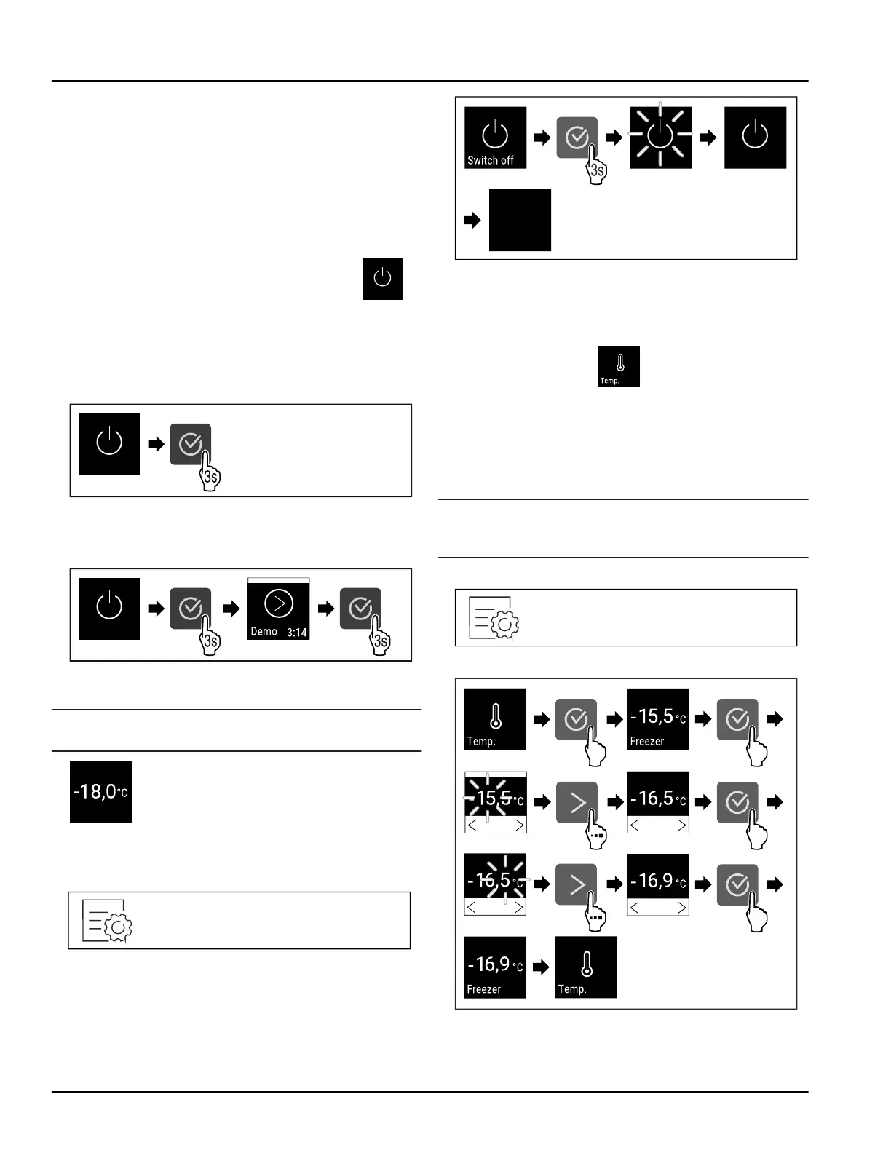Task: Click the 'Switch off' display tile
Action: pos(495,138)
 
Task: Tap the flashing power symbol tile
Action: pos(660,138)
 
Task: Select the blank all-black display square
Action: pos(520,220)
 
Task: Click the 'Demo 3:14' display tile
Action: pos(279,609)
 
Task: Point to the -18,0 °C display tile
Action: pos(100,792)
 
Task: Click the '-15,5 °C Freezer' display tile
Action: pos(658,719)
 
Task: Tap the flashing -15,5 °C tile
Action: pos(495,802)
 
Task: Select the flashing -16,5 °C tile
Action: pos(495,884)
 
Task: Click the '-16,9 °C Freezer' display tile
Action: pos(495,967)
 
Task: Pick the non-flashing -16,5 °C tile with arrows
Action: pos(658,802)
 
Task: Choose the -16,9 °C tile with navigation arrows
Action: pos(658,884)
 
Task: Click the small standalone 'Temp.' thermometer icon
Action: pos(619,366)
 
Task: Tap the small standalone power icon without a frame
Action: pos(383,279)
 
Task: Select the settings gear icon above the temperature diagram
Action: pos(494,618)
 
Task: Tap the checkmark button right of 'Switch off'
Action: pos(577,138)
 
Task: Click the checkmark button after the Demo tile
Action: pos(361,609)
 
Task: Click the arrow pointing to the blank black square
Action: pos(472,220)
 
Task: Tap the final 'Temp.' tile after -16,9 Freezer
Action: pos(586,967)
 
